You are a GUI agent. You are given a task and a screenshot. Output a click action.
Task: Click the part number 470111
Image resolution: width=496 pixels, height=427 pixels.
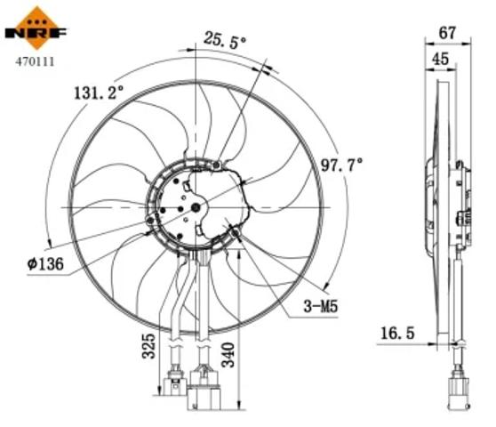[x=35, y=61]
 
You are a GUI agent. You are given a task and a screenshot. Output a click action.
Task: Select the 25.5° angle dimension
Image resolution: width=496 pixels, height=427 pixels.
[x=224, y=39]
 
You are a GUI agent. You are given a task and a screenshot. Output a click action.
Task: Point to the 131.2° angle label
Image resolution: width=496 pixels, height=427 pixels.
[x=98, y=93]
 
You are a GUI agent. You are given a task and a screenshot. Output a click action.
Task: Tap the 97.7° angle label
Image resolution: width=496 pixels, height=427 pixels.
[x=341, y=165]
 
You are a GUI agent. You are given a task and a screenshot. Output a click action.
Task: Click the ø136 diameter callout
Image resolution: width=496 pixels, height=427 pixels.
[x=45, y=263]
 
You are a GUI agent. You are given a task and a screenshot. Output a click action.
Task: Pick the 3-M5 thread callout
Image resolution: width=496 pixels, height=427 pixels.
[x=320, y=306]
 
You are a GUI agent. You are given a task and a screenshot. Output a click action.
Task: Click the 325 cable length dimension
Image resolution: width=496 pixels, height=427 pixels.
[x=148, y=345]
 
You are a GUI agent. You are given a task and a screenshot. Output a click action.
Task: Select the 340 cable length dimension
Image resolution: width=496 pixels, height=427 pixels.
[x=228, y=355]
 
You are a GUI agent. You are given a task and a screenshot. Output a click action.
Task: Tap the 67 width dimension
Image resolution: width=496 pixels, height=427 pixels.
[x=448, y=33]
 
